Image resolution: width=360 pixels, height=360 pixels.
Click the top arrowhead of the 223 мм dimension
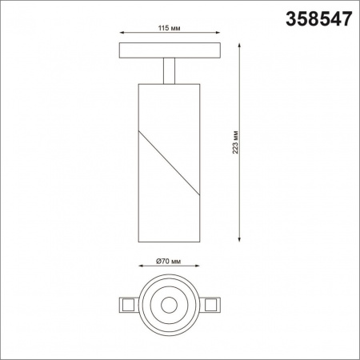(239, 46)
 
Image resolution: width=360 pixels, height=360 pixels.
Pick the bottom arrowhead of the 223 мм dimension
(239, 239)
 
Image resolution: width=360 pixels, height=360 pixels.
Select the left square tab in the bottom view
(126, 305)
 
